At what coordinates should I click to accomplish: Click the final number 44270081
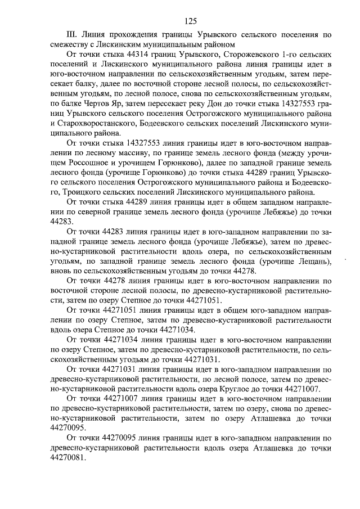click(69, 457)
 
